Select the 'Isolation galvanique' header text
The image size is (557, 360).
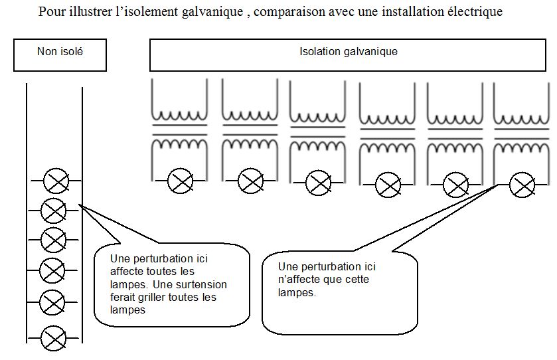pyautogui.click(x=348, y=52)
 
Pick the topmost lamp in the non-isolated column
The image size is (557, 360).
pyautogui.click(x=56, y=181)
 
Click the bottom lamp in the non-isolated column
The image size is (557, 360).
pyautogui.click(x=53, y=338)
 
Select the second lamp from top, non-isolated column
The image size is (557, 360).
pyautogui.click(x=53, y=211)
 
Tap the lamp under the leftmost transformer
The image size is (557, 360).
pyautogui.click(x=180, y=181)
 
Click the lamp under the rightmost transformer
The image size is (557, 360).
pyautogui.click(x=522, y=185)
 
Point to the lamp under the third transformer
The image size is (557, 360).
pyautogui.click(x=318, y=183)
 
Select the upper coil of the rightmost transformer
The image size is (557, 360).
pyautogui.click(x=522, y=118)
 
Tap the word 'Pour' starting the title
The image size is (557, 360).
pyautogui.click(x=49, y=12)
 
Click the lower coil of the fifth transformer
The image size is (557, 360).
pyautogui.click(x=454, y=147)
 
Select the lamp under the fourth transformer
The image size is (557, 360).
pyautogui.click(x=388, y=185)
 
